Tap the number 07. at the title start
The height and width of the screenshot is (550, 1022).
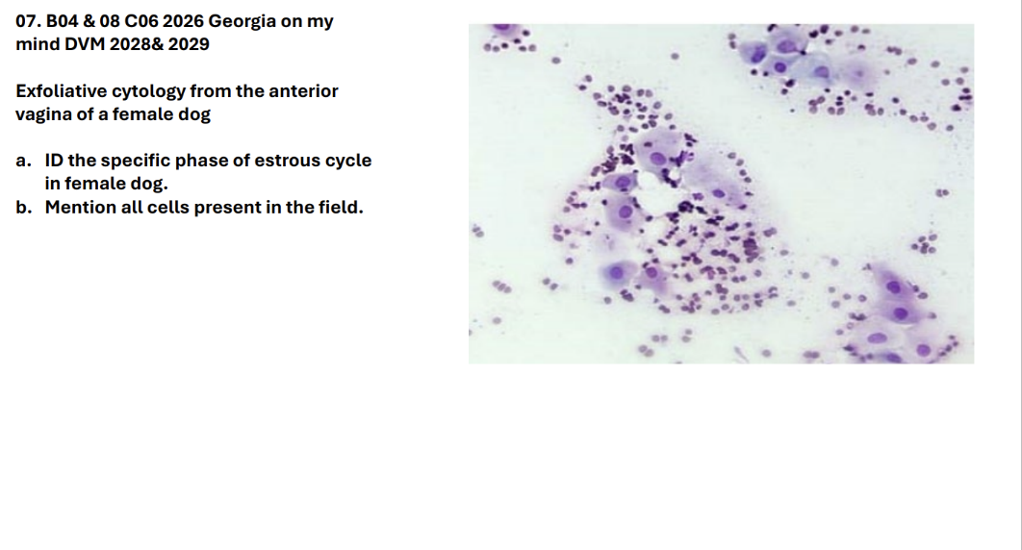(x=28, y=21)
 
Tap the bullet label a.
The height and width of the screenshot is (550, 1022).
(x=23, y=161)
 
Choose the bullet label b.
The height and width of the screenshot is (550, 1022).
(x=24, y=207)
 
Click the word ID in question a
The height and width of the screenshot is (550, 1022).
(x=54, y=161)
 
